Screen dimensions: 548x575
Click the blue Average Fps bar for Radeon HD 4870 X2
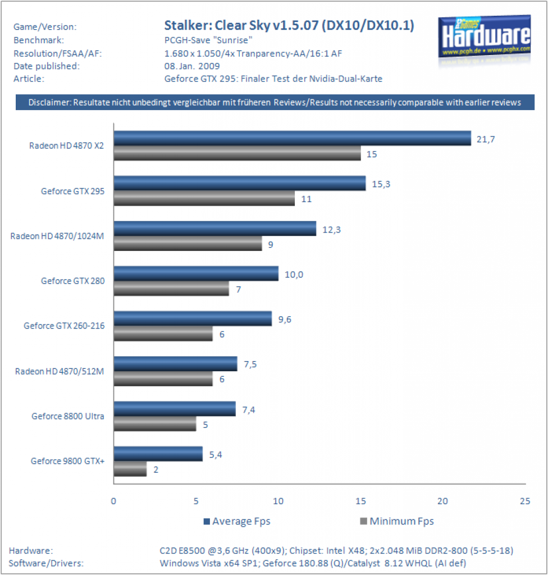coord(293,138)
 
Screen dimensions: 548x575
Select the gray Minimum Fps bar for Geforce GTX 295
coord(204,198)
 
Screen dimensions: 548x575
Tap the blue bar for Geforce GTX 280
coord(197,273)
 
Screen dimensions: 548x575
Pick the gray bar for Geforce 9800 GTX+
coord(130,469)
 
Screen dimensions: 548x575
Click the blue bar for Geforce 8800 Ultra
coord(175,409)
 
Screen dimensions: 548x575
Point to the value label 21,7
coord(486,139)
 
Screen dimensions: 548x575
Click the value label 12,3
coord(332,230)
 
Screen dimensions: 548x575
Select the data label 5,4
coord(216,455)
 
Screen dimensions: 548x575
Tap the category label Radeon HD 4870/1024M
coord(57,236)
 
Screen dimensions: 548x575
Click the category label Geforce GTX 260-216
coord(64,326)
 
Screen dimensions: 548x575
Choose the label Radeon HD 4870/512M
coord(60,372)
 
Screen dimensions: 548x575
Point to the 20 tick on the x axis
coord(443,501)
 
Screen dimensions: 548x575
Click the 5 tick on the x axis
coord(197,501)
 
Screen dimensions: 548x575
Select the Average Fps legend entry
coord(237,521)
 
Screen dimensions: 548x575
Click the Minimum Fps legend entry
coord(397,521)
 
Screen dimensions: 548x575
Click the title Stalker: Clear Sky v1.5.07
coord(241,25)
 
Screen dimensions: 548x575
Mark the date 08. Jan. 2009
coord(192,66)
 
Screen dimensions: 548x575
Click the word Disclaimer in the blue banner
coord(49,102)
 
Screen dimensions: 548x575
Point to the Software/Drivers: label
coord(46,563)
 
